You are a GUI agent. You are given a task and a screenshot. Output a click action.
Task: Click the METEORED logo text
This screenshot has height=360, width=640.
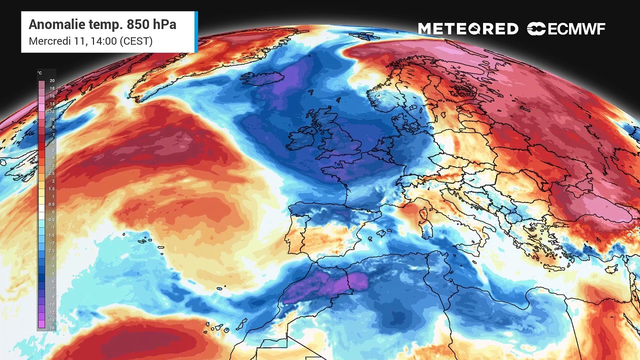coord(468,29)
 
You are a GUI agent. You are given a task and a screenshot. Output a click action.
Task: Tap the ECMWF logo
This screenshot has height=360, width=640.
coord(566,29)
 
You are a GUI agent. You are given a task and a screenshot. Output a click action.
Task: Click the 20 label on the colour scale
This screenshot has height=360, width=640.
coord(52,81)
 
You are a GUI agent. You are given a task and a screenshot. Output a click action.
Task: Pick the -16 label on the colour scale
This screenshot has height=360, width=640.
coord(52,328)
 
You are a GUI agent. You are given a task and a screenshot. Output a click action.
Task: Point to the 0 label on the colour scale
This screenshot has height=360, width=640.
coord(52,212)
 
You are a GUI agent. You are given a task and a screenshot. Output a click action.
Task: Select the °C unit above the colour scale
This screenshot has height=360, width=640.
coord(40,73)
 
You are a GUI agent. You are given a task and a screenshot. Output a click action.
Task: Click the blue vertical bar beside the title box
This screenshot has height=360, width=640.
coord(196,32)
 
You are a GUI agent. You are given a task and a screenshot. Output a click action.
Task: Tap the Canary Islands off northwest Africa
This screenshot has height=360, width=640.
coord(220,327)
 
